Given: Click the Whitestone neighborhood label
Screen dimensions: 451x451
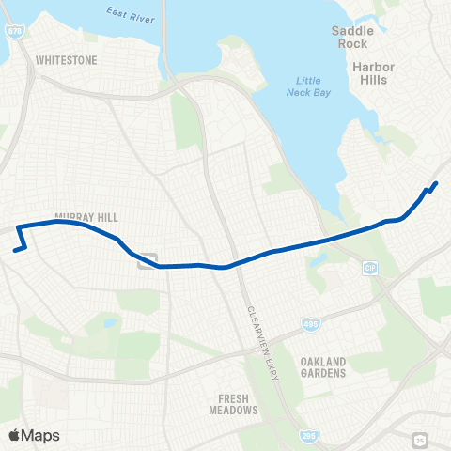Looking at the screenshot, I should tap(66, 59).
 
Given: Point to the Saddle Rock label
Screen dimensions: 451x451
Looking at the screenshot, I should tap(352, 38).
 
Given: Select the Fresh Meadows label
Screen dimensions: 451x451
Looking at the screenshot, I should tap(233, 404).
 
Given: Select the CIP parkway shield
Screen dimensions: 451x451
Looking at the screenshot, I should tap(370, 268).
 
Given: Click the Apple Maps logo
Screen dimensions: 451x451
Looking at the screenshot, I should tap(33, 435).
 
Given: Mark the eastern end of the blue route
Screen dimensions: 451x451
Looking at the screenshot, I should tap(437, 183).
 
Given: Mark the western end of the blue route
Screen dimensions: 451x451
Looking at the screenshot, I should tap(14, 251).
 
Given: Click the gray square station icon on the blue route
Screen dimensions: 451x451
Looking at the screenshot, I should tap(148, 261).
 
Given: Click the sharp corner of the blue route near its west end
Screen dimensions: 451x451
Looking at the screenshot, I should tap(18, 226).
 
